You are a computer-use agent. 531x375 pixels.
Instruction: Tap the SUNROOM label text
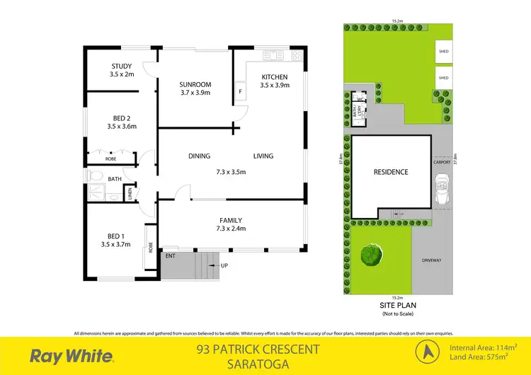(195, 85)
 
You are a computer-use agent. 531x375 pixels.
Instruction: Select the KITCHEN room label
(274, 77)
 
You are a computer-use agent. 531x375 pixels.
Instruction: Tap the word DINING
(199, 156)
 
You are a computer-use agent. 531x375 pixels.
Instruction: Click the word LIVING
(263, 156)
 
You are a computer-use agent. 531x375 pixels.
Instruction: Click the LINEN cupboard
(130, 193)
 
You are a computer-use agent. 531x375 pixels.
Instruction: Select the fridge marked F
(240, 92)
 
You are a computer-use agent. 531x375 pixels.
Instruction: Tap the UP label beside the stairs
(225, 266)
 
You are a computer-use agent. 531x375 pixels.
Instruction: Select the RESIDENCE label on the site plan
(391, 172)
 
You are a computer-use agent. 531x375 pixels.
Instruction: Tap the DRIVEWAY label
(431, 260)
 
